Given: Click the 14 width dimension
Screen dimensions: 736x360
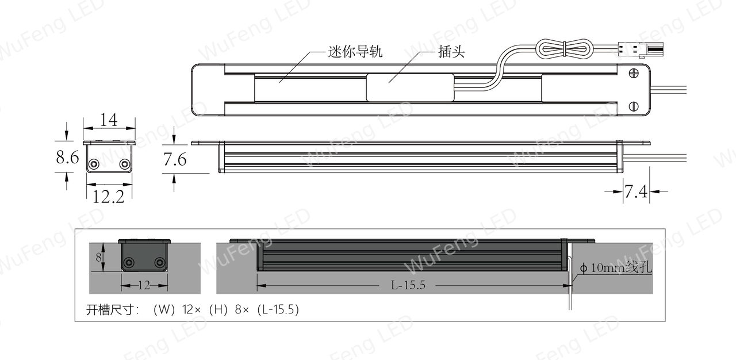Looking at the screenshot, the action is coord(109,120).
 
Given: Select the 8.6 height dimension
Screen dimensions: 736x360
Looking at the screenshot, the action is coord(67,157).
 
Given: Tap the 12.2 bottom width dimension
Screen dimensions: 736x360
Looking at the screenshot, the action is coord(109,197).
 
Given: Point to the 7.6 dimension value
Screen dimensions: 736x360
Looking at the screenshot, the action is coord(175,159).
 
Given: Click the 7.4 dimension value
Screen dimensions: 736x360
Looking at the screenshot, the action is coord(636,192).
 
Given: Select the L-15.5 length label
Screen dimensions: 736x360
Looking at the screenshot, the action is coord(408,285).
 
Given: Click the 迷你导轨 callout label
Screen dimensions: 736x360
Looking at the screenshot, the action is coord(355,52).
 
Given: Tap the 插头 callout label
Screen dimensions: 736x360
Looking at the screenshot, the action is coord(451,52).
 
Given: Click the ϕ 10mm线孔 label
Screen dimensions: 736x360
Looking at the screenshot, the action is coord(616,268).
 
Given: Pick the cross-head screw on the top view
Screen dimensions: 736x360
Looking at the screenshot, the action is coord(634,73).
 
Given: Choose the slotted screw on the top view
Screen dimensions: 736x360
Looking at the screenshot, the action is coord(634,106).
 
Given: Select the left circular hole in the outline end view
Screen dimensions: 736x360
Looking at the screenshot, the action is coord(94,163).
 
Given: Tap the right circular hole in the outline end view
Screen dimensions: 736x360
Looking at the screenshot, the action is coord(125,163).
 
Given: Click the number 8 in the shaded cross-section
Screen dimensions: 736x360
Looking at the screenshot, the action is coord(98,258).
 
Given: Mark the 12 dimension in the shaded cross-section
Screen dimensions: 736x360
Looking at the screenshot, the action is coord(144,285).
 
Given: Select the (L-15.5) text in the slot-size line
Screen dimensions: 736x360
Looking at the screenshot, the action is coord(278,309).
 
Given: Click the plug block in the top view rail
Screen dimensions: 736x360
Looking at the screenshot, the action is coord(411,87).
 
